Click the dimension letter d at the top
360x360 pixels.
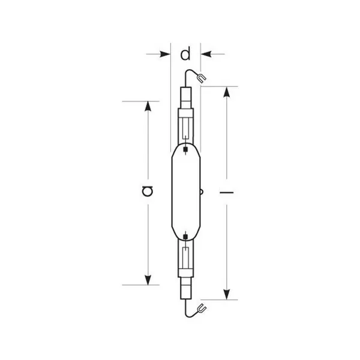185,54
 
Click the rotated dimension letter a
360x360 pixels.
148,191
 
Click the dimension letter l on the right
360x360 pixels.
227,192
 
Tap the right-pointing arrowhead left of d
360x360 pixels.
165,54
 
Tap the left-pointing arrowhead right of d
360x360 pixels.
206,54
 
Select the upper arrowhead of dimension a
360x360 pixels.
148,107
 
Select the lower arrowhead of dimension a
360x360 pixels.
148,280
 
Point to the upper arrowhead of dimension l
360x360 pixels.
227,92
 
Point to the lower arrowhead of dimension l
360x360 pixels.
227,294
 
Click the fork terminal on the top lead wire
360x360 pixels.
202,78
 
